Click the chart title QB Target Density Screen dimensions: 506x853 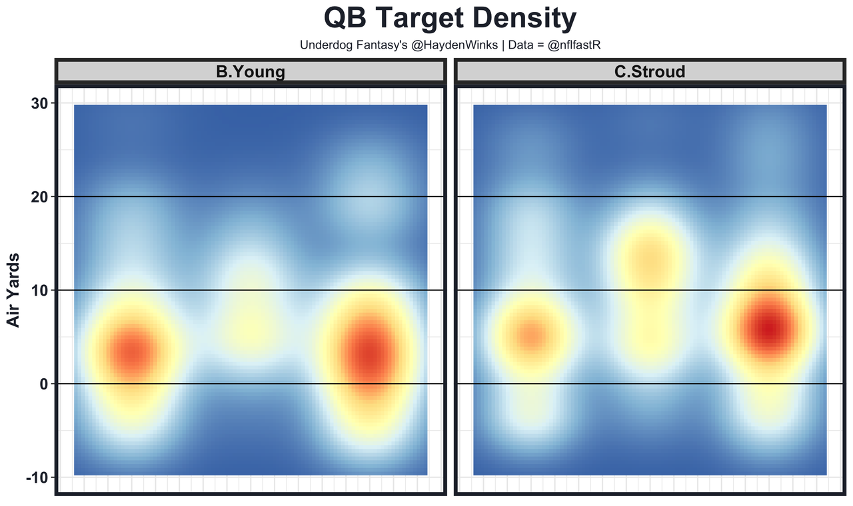pyautogui.click(x=450, y=19)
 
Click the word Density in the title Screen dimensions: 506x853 pyautogui.click(x=513, y=19)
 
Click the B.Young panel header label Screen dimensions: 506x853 pyautogui.click(x=250, y=72)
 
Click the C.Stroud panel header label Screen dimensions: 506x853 pyautogui.click(x=649, y=72)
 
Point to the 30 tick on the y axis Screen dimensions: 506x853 pyautogui.click(x=38, y=103)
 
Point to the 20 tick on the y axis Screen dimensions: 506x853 pyautogui.click(x=38, y=197)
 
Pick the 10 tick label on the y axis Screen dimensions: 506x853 pyautogui.click(x=38, y=290)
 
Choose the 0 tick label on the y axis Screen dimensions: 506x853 pyautogui.click(x=43, y=384)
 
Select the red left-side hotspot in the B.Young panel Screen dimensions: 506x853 pyautogui.click(x=135, y=353)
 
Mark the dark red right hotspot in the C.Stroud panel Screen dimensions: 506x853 pyautogui.click(x=769, y=330)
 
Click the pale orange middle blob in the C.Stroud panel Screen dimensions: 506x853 pyautogui.click(x=649, y=256)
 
